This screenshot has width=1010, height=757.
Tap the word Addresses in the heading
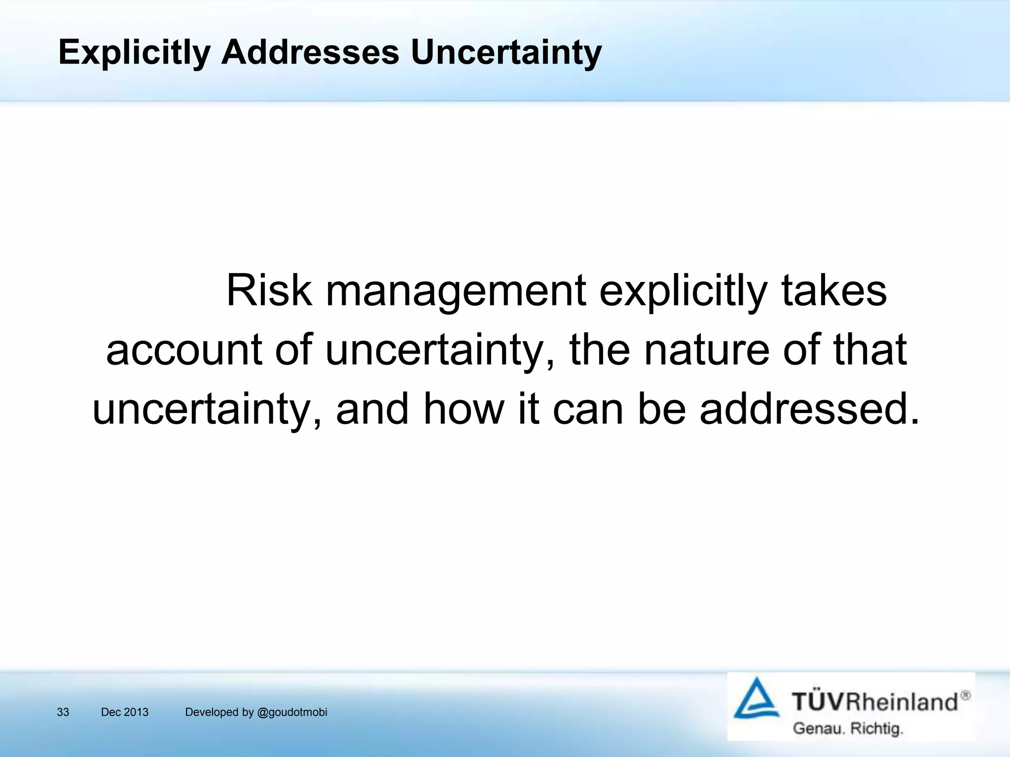310,52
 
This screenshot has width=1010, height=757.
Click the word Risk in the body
269,291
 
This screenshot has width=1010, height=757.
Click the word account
183,350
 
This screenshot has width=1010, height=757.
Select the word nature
706,350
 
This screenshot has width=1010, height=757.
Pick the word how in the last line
464,409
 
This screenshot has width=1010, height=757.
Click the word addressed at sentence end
809,409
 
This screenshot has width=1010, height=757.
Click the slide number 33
63,712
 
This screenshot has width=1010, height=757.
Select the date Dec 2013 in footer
124,712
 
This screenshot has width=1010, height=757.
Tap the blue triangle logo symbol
756,698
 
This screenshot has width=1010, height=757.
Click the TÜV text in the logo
818,701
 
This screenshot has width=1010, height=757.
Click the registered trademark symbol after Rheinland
966,695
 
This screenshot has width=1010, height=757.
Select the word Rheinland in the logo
902,701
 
